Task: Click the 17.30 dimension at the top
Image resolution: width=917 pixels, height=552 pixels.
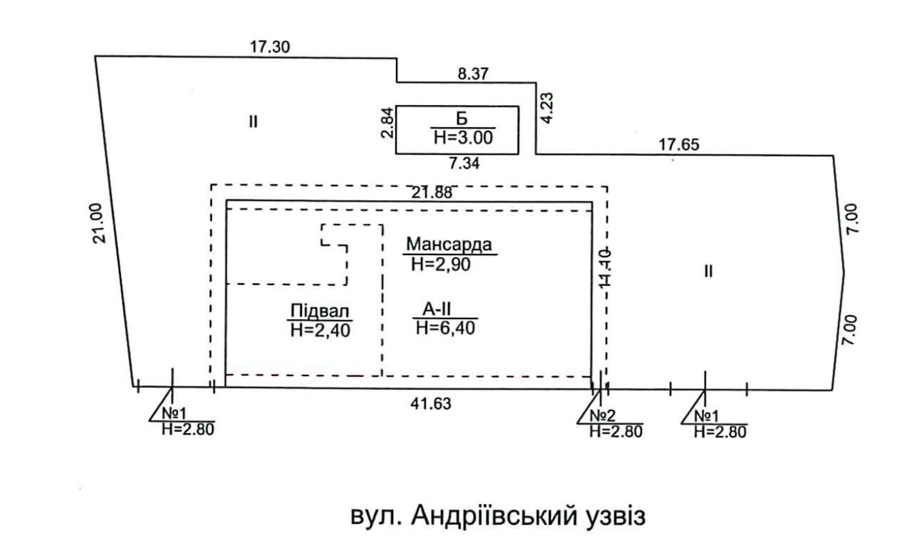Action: pyautogui.click(x=270, y=47)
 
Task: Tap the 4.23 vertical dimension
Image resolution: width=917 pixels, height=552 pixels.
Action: pyautogui.click(x=549, y=109)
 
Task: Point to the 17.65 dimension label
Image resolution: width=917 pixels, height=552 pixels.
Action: pyautogui.click(x=679, y=145)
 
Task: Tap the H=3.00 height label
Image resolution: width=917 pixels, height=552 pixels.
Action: pyautogui.click(x=463, y=137)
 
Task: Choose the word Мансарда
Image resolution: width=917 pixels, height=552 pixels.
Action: pyautogui.click(x=449, y=245)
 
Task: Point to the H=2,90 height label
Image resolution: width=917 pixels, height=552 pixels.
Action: pyautogui.click(x=442, y=263)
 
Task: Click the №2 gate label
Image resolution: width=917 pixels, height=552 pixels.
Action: pyautogui.click(x=603, y=416)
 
